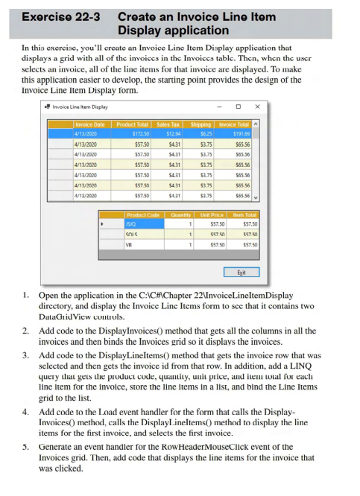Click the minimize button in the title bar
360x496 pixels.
(x=220, y=106)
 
